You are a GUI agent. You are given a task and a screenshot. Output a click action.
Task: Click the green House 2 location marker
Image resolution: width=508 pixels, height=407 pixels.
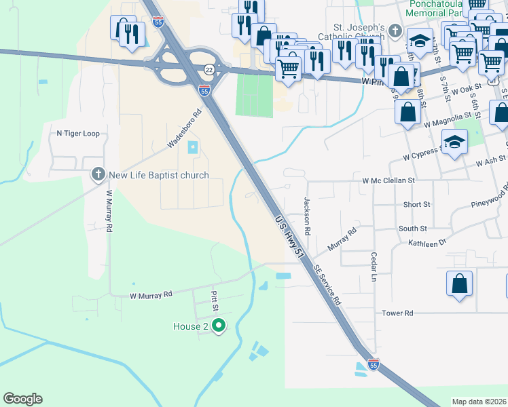coord(218,326)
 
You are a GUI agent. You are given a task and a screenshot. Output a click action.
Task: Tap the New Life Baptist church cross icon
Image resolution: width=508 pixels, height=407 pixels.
coord(98,175)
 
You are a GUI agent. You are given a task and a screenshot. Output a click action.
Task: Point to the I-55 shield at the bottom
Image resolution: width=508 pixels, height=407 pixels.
coord(372,364)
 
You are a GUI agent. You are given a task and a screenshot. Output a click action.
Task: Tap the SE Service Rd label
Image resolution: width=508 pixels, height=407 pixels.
coord(327,283)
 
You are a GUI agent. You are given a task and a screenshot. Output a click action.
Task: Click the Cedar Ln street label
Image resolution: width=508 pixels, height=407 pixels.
coord(374,267)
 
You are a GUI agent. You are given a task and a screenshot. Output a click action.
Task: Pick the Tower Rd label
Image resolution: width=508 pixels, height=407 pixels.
coord(397,313)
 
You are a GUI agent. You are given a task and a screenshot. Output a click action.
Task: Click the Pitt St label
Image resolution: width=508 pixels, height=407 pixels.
coord(214,298)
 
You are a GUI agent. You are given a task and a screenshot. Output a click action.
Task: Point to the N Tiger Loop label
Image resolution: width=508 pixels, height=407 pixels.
coord(78,134)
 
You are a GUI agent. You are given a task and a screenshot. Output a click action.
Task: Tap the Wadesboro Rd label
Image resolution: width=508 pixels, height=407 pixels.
coord(185,130)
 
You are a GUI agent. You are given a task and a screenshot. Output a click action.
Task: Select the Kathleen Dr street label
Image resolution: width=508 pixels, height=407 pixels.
coord(427,242)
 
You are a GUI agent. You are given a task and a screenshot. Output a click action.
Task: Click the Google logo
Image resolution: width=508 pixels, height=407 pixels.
coord(22,399)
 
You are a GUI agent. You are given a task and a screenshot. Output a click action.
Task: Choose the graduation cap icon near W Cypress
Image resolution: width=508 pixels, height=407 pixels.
coord(454,142)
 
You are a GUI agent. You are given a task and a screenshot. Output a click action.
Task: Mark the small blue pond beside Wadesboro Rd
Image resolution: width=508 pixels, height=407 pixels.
coord(192,147)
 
